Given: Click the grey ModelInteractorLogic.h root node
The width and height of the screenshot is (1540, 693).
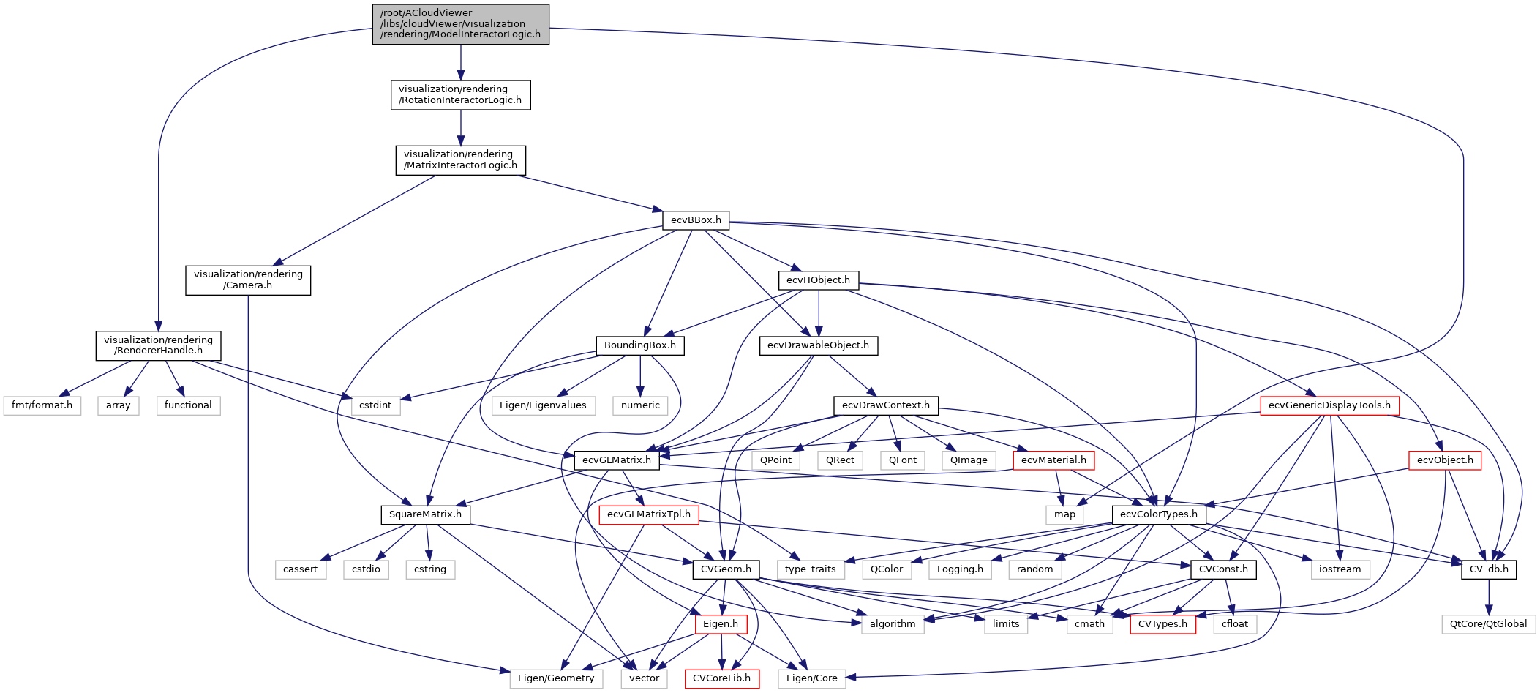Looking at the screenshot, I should (460, 24).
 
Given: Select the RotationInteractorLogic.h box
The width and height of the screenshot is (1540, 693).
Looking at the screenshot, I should (460, 94).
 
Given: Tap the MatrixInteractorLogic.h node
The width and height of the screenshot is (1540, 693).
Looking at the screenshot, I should (460, 160).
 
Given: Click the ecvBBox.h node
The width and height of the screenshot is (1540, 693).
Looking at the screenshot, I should (695, 220).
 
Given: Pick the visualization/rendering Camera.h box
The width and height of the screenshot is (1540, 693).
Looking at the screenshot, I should (248, 280).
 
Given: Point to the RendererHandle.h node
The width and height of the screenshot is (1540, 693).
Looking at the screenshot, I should (158, 345).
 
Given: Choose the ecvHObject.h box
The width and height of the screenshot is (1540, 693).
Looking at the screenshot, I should (818, 280).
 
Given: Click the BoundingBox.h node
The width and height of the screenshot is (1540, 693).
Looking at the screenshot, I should (639, 345).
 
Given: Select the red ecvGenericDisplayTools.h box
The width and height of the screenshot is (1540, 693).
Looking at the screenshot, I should (1329, 405).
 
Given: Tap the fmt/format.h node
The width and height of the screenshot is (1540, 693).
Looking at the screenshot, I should (42, 405).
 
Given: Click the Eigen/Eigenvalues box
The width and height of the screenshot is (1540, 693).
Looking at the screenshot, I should (543, 405).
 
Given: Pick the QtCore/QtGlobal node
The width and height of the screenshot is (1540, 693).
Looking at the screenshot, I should (1488, 624).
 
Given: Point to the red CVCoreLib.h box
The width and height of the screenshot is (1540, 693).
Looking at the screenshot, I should (721, 678).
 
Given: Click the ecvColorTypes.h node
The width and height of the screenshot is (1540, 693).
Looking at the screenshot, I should (1158, 514).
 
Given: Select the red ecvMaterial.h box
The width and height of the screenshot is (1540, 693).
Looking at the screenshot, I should (1053, 460).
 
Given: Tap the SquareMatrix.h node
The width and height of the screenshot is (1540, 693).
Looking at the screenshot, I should (425, 514).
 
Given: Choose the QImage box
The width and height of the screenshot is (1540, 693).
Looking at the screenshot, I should (969, 460).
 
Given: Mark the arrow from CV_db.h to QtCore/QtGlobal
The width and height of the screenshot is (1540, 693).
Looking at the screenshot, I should (1489, 597).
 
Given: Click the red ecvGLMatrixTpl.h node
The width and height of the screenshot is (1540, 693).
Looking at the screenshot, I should (648, 514).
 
